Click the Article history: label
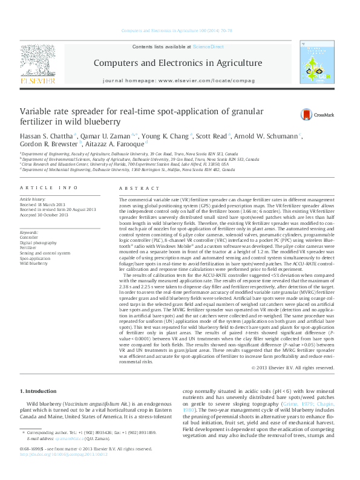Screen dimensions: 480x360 [x=33, y=199]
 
